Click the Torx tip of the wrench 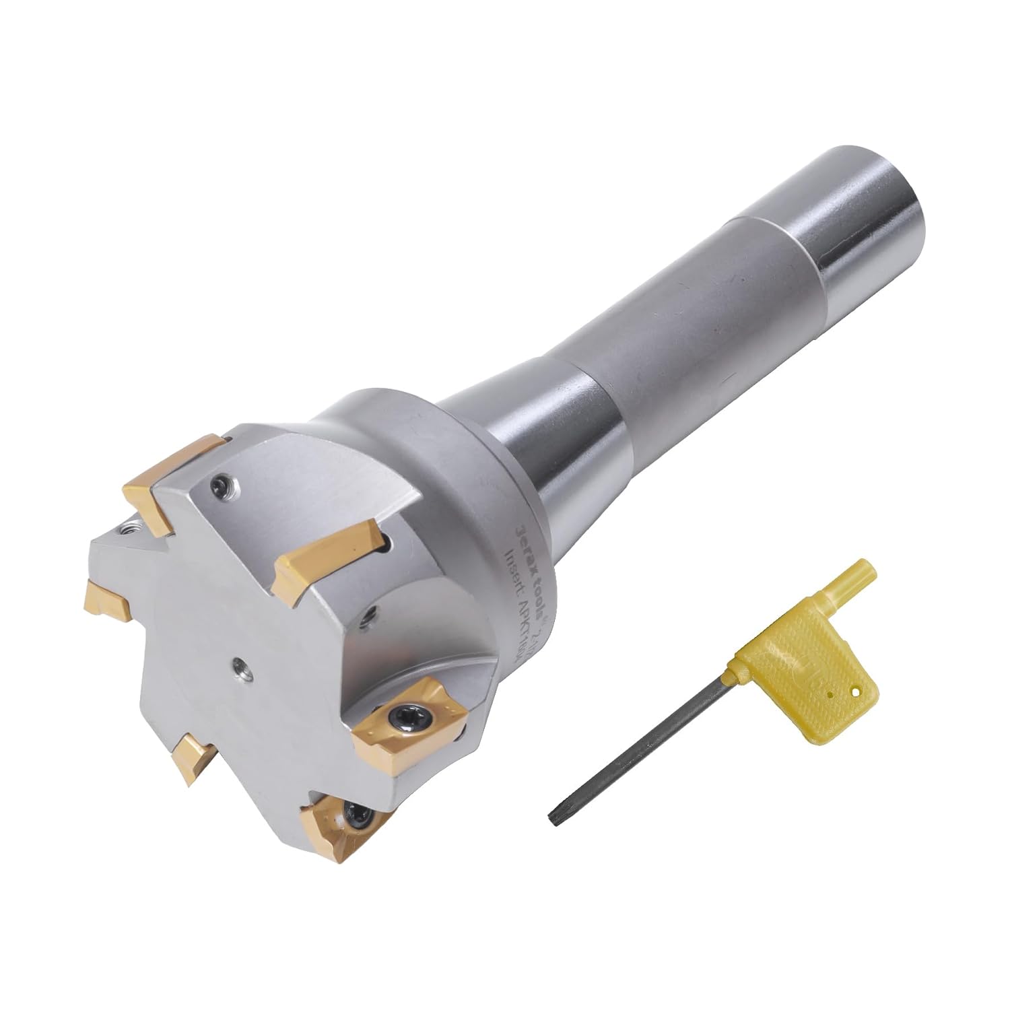point(553,817)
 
